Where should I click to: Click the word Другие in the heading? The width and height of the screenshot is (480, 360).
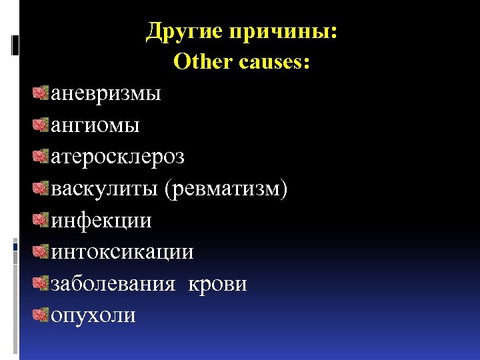pos(185,31)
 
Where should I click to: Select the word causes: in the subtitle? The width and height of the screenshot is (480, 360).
pos(273,62)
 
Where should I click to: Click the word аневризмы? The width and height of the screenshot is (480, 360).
pos(106,94)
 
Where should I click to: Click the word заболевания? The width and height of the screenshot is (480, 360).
pos(113,285)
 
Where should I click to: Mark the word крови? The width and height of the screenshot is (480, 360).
pos(218,285)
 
